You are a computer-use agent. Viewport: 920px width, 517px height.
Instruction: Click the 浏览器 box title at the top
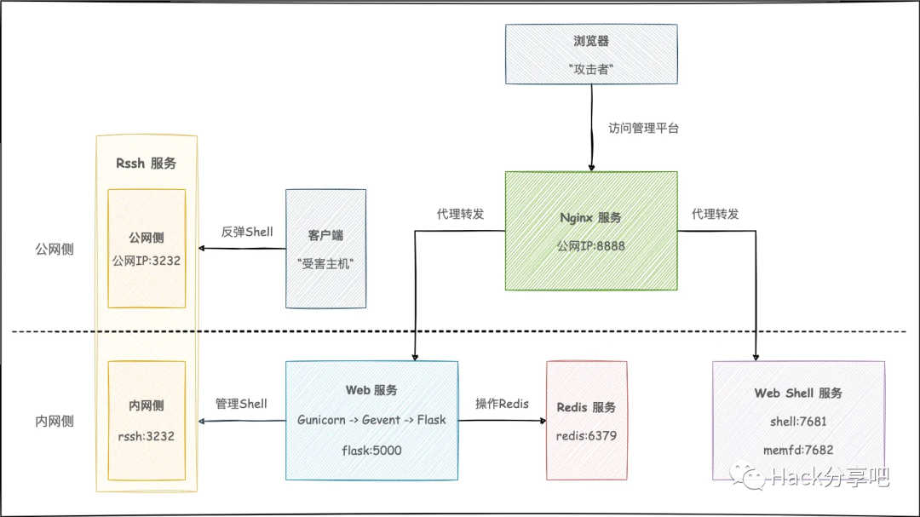(x=591, y=42)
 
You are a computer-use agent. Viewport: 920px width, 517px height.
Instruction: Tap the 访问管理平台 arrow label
(x=643, y=129)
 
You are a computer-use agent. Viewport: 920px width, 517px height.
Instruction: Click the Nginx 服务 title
(x=590, y=217)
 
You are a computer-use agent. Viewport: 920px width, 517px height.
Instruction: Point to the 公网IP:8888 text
(x=590, y=245)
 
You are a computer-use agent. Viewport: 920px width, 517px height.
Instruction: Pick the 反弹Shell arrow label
(x=247, y=232)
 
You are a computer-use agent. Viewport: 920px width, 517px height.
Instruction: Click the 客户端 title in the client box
(x=325, y=235)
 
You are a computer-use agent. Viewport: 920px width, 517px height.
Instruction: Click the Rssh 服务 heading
(x=146, y=163)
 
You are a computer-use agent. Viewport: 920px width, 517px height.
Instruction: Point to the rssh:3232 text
(x=147, y=435)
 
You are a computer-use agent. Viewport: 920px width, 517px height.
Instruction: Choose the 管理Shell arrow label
(x=241, y=404)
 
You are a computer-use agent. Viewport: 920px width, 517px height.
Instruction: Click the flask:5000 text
(x=371, y=450)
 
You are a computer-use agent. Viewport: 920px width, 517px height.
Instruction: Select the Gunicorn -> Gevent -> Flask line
(x=371, y=420)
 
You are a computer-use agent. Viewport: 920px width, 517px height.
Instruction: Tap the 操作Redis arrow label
(x=502, y=404)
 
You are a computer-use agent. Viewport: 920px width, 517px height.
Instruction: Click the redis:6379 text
(x=586, y=436)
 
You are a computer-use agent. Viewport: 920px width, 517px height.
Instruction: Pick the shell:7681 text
(x=797, y=421)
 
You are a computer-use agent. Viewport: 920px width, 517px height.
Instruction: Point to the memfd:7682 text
(x=797, y=449)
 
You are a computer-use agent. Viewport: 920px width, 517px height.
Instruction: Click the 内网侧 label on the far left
(x=55, y=421)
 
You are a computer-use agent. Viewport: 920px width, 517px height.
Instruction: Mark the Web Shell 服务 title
(x=798, y=393)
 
